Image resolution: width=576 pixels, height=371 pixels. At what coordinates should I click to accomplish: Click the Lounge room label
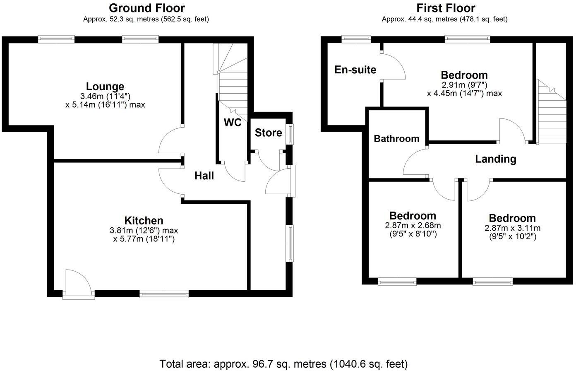click(105, 87)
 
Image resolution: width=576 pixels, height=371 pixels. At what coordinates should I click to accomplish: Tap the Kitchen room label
click(144, 221)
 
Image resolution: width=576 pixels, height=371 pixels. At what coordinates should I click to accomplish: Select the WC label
click(233, 123)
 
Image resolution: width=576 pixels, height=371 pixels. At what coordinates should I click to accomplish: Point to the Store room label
click(268, 133)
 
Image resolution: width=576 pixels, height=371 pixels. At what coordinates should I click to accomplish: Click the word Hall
click(204, 176)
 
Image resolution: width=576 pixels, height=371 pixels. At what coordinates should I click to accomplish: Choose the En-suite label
click(355, 70)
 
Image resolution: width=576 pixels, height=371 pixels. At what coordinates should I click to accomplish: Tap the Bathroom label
click(396, 139)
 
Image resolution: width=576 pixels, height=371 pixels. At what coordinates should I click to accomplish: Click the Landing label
click(495, 159)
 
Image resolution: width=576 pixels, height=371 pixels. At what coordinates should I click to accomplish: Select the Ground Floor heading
click(146, 8)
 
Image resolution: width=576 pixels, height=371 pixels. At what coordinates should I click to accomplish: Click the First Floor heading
click(445, 8)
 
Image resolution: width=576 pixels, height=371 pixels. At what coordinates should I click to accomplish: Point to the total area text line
click(283, 364)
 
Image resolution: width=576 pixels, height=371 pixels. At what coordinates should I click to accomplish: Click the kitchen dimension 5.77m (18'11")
click(144, 239)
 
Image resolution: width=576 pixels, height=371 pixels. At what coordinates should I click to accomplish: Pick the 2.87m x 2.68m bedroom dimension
click(413, 226)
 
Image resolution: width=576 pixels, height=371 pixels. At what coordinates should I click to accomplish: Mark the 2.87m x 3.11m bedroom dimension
click(512, 228)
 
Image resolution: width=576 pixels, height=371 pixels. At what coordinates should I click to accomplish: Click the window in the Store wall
click(290, 134)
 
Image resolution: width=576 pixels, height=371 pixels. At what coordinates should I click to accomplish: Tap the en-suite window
click(356, 39)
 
